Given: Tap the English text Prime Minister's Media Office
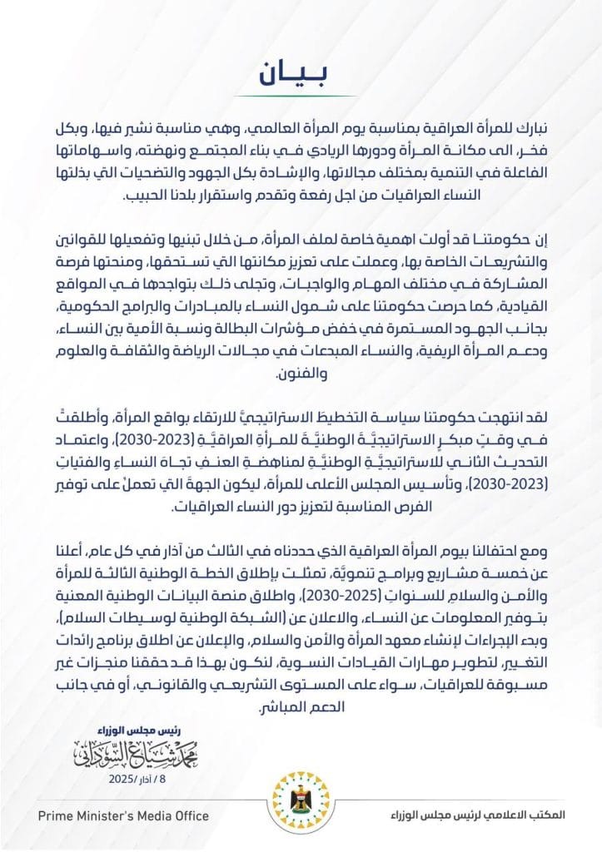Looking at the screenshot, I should (x=123, y=815).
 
